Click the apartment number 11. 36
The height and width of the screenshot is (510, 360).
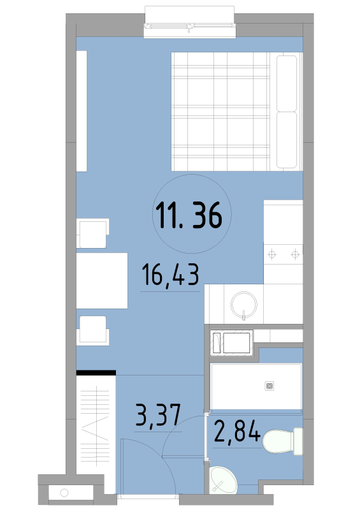click(x=189, y=215)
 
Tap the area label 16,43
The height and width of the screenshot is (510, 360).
click(x=170, y=275)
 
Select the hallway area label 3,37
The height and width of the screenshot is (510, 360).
click(x=158, y=416)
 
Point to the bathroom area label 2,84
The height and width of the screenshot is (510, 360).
click(x=237, y=431)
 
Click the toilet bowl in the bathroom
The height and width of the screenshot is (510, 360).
click(x=278, y=442)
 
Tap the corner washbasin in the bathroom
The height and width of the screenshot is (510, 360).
click(x=223, y=480)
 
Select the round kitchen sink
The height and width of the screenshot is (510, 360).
click(x=244, y=305)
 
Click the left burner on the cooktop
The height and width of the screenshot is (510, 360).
click(x=272, y=254)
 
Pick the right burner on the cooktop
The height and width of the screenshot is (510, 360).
click(x=295, y=254)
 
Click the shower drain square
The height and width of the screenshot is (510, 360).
click(x=270, y=386)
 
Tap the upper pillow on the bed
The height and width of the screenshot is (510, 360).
click(x=287, y=84)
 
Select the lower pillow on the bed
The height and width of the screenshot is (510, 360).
click(x=287, y=140)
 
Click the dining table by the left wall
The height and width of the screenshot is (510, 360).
click(x=102, y=280)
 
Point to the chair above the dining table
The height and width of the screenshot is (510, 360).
click(x=92, y=233)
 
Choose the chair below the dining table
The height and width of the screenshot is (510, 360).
click(x=92, y=330)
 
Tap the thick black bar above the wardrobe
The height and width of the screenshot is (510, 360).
click(x=96, y=372)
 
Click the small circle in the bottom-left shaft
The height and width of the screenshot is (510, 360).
click(x=64, y=493)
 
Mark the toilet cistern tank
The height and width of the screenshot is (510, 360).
click(x=298, y=441)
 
